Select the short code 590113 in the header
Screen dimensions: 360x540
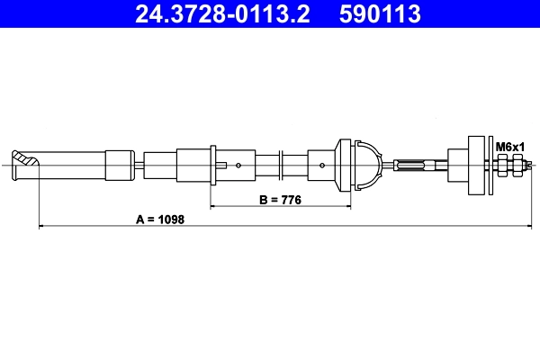coord(377,14)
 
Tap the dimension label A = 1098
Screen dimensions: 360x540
coord(160,219)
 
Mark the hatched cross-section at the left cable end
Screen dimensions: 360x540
coord(29,165)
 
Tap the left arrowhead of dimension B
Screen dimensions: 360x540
coord(213,207)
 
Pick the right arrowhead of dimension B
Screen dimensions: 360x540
coord(347,207)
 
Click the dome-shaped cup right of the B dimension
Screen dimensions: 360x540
coord(362,165)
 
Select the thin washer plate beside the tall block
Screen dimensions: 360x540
coord(490,165)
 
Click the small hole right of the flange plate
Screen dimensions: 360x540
coord(238,165)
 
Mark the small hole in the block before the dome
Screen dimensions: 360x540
coord(321,165)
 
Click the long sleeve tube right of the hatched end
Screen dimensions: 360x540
coord(73,165)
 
